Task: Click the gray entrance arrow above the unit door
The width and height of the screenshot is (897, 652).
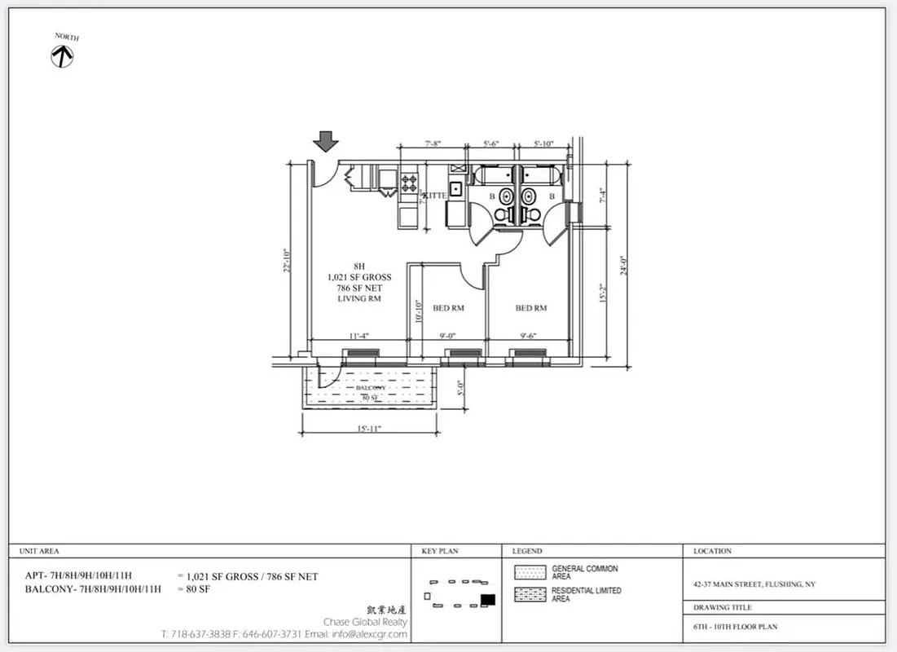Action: tap(326, 142)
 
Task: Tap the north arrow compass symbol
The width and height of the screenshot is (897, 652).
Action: tap(63, 55)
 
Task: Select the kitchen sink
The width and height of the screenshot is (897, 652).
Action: tap(456, 189)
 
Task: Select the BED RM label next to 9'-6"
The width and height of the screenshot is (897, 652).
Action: tap(530, 308)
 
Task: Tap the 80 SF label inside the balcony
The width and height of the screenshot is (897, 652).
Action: tap(370, 397)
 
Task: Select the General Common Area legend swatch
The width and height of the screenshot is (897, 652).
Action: tap(530, 572)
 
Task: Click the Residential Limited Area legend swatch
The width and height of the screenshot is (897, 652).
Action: tap(530, 594)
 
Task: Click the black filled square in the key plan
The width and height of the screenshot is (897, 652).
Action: tap(488, 600)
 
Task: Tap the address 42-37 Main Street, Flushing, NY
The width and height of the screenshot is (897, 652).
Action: tap(754, 584)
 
